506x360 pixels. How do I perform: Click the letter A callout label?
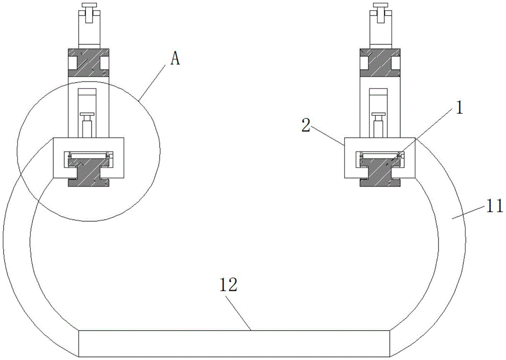coord(175,59)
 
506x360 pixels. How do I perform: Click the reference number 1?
coord(459,108)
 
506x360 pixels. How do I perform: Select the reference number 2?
coord(306,125)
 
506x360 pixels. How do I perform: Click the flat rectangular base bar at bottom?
coord(234,343)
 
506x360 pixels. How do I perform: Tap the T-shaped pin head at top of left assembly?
coord(88,6)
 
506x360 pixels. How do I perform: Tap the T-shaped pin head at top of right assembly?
coord(380,6)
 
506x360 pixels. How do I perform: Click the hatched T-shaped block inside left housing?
coord(89,170)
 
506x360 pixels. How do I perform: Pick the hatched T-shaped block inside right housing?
coord(380,170)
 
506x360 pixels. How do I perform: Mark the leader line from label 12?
coord(238,312)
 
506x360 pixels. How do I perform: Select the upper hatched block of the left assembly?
coord(89,63)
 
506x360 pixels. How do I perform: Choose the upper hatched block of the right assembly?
coord(380,63)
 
